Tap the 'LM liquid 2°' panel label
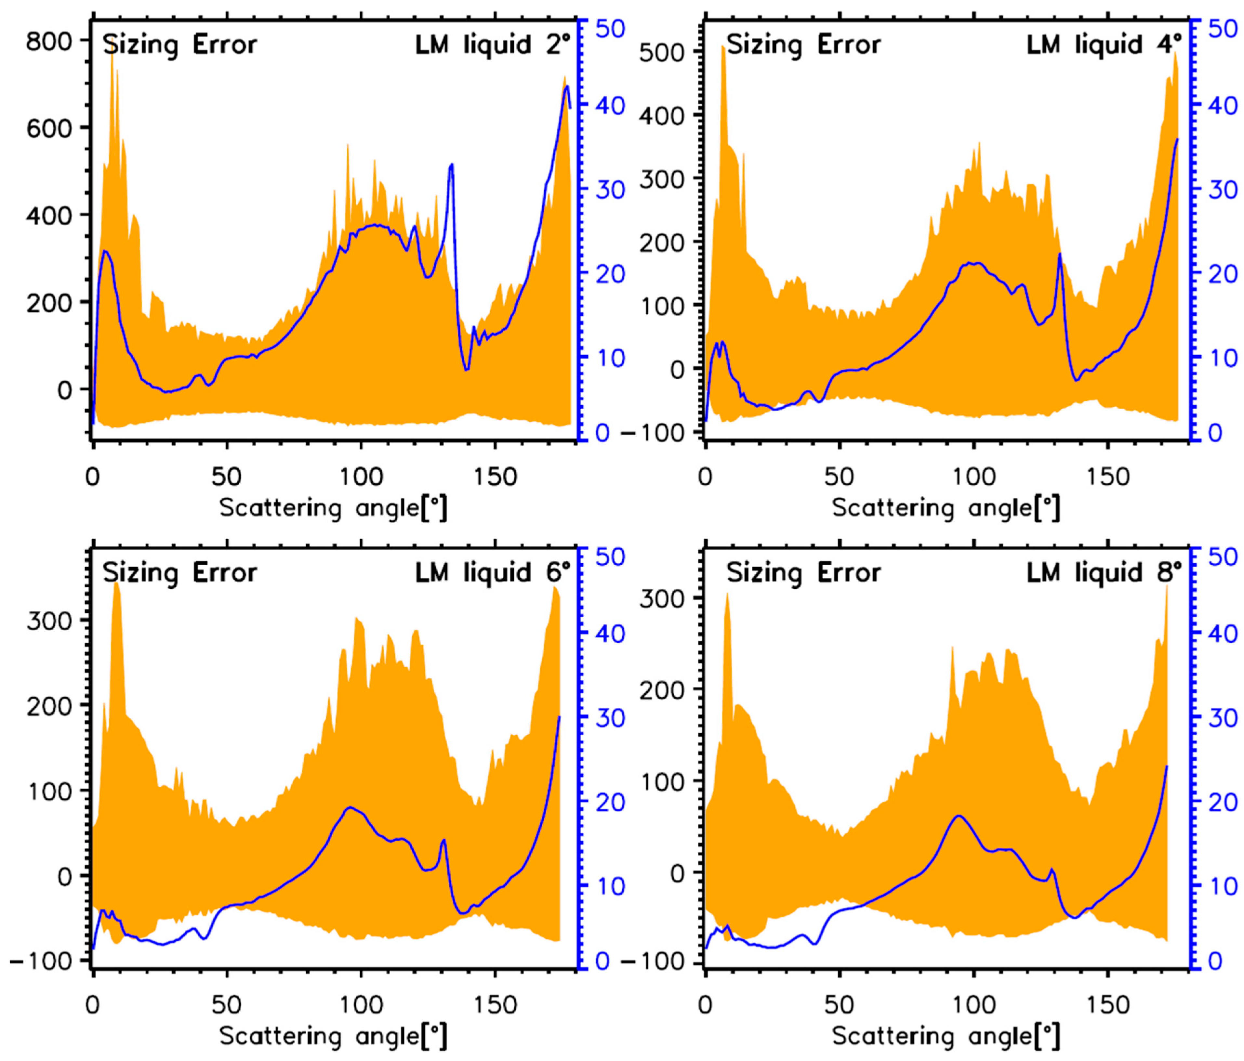pyautogui.click(x=491, y=45)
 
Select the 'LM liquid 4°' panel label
pyautogui.click(x=1104, y=45)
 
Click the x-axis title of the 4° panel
pyautogui.click(x=946, y=508)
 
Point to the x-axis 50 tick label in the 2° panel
pyautogui.click(x=226, y=477)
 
